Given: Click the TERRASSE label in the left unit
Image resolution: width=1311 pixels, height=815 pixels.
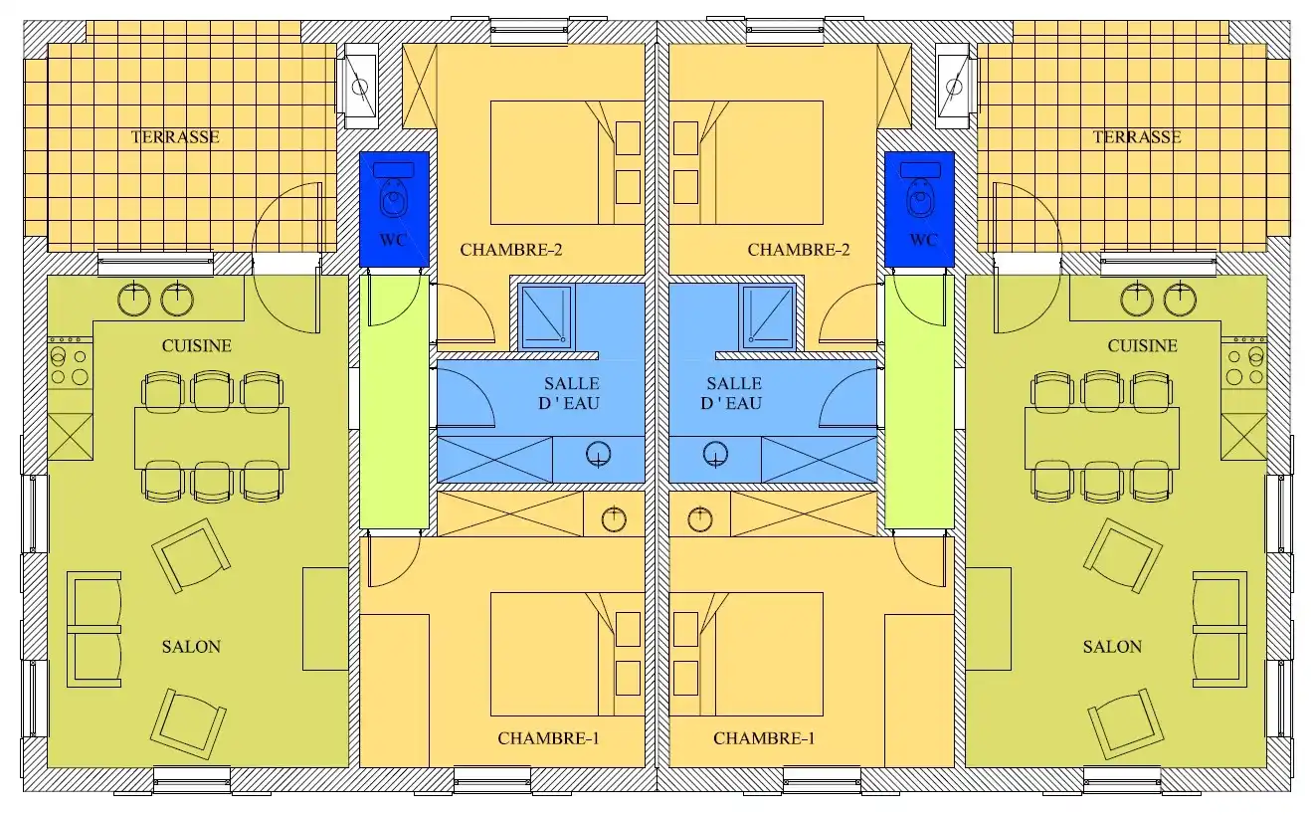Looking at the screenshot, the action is tap(175, 137).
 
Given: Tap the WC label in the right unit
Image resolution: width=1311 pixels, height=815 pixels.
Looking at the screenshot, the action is tap(923, 240).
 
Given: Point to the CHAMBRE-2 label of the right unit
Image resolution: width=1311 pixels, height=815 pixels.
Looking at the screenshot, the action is tap(799, 250).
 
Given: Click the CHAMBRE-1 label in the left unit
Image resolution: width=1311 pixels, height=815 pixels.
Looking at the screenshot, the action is tap(548, 738).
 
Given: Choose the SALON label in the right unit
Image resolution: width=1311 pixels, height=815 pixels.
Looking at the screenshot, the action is tap(1112, 647).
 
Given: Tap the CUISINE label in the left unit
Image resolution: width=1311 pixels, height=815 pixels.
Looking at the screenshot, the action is tap(197, 346).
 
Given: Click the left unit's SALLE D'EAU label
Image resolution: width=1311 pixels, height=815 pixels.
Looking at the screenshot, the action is tap(570, 393).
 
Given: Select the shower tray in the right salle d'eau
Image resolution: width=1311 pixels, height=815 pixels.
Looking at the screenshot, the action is tap(767, 316).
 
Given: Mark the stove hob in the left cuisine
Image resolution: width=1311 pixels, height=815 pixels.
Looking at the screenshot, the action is tap(70, 363).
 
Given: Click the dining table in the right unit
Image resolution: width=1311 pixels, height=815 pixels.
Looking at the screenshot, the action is tap(1101, 438).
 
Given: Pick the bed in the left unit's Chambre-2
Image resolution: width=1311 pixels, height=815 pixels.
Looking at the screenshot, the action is tap(567, 163).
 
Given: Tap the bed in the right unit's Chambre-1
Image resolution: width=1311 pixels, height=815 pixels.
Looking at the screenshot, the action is tap(746, 654).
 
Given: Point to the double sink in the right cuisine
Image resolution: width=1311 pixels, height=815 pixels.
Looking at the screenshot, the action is tap(1158, 300).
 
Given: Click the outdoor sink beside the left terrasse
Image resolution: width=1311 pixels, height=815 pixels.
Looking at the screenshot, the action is tap(360, 86).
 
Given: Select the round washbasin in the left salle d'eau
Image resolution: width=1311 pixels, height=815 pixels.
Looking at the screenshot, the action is tap(598, 455).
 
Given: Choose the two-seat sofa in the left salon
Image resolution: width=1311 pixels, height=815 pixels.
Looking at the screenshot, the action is tap(94, 629).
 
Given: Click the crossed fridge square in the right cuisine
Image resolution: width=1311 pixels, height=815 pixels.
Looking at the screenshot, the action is tap(1243, 437).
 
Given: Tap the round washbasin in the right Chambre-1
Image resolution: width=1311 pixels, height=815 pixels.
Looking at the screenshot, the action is tap(700, 518).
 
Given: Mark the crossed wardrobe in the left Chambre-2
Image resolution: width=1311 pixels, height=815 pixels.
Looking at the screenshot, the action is tap(420, 86).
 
